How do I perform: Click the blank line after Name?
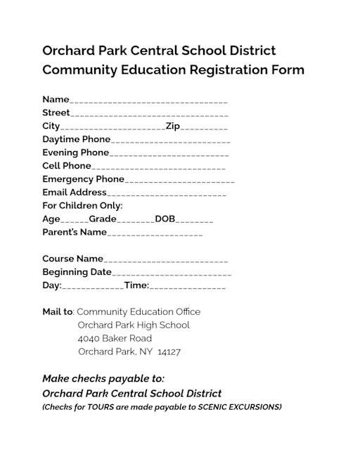(x=148, y=101)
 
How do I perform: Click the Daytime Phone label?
(x=76, y=139)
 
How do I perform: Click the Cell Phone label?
(x=67, y=166)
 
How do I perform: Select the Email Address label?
(x=75, y=193)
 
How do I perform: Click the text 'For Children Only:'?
(x=82, y=206)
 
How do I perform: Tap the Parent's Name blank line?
(x=155, y=233)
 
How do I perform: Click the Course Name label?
(x=72, y=259)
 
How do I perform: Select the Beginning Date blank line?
(x=172, y=273)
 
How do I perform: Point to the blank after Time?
(x=188, y=287)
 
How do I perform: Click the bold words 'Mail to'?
(x=58, y=311)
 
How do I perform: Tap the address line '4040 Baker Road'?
(x=115, y=338)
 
